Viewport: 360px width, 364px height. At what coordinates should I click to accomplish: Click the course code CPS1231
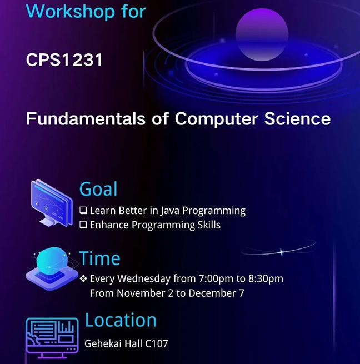tap(64, 60)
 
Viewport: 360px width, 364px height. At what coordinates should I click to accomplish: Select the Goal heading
tap(98, 189)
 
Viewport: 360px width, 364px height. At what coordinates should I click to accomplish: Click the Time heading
tap(99, 258)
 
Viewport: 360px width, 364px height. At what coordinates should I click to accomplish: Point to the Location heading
tap(121, 320)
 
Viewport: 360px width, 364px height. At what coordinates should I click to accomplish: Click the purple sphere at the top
tap(262, 34)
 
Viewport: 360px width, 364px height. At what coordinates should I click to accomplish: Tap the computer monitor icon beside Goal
tap(52, 203)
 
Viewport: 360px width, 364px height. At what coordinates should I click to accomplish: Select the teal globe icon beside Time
tap(52, 268)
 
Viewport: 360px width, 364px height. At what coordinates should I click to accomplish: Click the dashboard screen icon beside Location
tap(52, 338)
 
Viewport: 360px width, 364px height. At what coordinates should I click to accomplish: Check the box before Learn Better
tap(83, 210)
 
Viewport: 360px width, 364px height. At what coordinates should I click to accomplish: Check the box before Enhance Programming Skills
tap(83, 225)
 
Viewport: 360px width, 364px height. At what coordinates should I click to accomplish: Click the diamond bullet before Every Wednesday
tap(83, 278)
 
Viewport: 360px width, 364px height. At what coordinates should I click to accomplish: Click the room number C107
tap(157, 343)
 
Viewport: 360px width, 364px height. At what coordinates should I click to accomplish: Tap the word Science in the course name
tap(297, 118)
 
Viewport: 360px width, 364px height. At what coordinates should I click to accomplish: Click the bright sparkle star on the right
tap(281, 252)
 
